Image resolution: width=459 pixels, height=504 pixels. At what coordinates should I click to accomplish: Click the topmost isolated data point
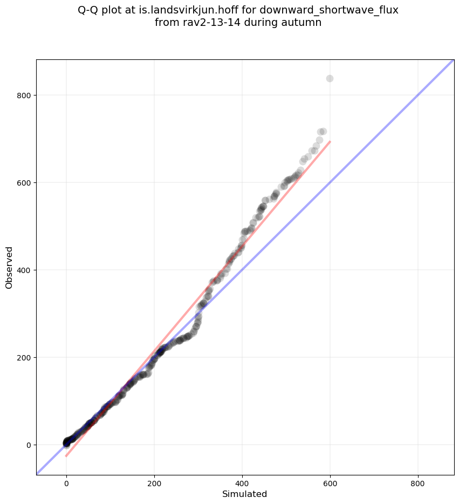click(x=330, y=78)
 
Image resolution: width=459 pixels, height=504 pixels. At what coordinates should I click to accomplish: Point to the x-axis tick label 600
click(x=330, y=485)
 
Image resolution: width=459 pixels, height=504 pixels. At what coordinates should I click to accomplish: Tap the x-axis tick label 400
click(x=242, y=485)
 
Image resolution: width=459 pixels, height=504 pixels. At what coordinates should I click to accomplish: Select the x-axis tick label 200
click(x=154, y=485)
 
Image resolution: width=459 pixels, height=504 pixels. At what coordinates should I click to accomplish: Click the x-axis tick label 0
click(x=66, y=485)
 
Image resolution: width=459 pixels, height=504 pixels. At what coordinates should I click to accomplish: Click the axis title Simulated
click(x=245, y=494)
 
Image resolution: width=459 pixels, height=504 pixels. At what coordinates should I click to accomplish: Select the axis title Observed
click(x=9, y=267)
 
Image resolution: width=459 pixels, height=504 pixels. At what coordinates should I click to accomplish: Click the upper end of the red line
click(x=330, y=141)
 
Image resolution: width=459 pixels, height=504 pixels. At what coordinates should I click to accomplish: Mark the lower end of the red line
click(x=66, y=457)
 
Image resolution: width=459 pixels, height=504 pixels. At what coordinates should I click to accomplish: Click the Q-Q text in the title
click(x=89, y=10)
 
